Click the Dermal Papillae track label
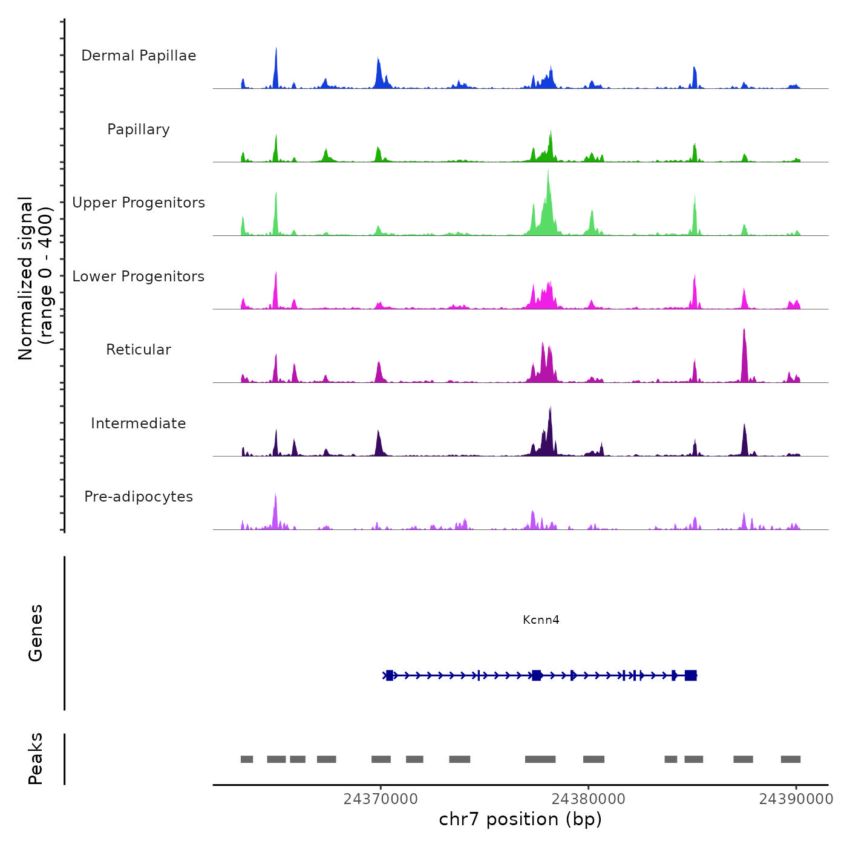pos(139,56)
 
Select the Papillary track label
pos(139,129)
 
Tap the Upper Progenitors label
pos(139,203)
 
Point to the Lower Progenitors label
pos(139,276)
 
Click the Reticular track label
pos(139,350)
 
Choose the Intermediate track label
pos(139,423)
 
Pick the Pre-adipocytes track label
pos(139,497)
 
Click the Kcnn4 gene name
pos(541,620)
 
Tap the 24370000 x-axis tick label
pos(381,799)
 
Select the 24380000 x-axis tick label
pos(588,799)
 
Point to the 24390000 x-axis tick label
pos(796,799)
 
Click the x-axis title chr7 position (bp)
pos(520,819)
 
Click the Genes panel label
pos(36,633)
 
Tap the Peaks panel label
pos(36,759)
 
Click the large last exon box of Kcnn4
pos(690,675)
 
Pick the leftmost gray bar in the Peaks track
pos(247,759)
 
